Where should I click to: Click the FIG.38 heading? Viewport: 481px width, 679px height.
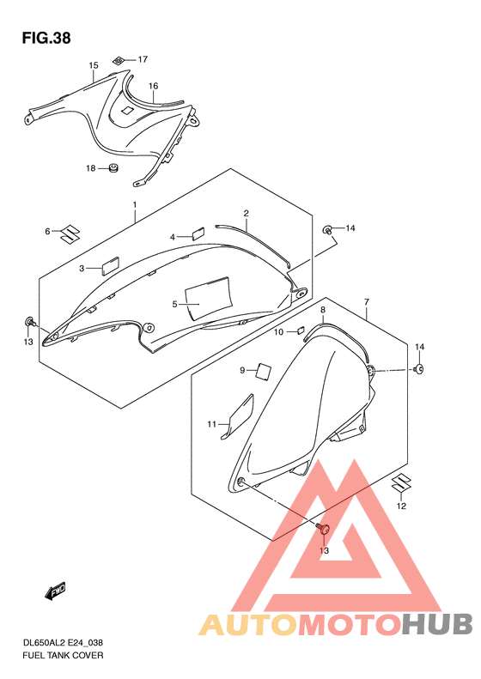pos(46,38)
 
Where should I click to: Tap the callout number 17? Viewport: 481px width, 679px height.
pos(143,59)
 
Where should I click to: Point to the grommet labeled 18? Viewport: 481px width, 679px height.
pos(114,167)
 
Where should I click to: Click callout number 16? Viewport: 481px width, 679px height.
pos(154,86)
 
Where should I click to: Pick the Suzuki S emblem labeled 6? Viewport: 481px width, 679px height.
pos(70,233)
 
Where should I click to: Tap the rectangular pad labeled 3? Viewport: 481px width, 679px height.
pos(110,266)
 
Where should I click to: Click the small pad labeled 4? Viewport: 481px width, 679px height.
pos(198,233)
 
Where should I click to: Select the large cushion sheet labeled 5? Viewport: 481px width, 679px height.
pos(208,298)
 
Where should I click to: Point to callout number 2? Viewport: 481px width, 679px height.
pos(247,213)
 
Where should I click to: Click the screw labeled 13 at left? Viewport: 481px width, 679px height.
pos(30,322)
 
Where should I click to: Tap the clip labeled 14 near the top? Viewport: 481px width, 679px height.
pos(328,229)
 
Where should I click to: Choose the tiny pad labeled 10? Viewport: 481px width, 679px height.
pos(300,331)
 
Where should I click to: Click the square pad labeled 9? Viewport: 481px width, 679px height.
pos(264,371)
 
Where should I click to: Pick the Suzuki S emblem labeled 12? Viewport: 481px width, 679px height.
pos(401,483)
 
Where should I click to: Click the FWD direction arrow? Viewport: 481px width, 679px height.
pos(55,591)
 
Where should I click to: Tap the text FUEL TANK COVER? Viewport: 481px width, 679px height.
pos(63,655)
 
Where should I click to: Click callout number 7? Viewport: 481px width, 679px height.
pos(367,301)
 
